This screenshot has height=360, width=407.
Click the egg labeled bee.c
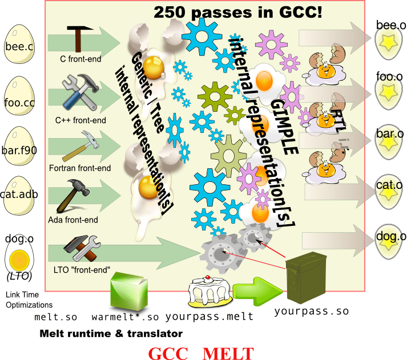(x=19, y=43)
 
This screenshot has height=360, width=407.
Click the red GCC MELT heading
(x=201, y=353)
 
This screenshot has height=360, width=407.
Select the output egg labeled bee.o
(x=390, y=42)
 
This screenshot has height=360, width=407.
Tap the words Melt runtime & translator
(x=111, y=333)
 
